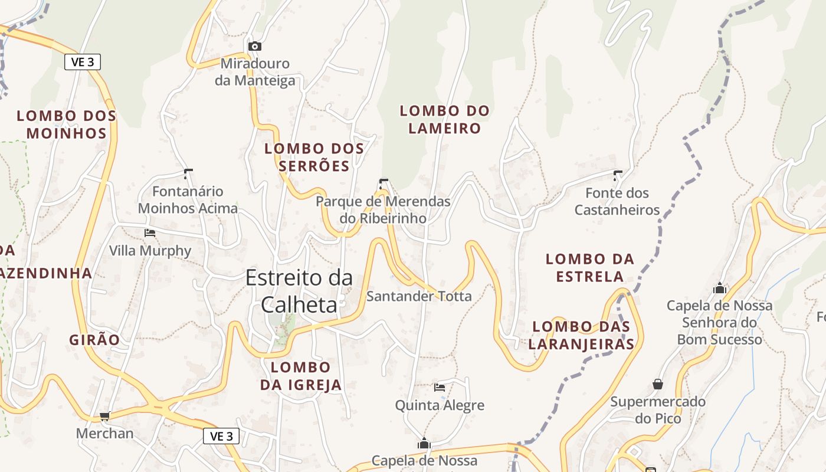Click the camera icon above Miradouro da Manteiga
254,46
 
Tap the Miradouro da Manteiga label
255,72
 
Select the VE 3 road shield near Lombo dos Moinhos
83,62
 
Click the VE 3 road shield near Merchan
221,436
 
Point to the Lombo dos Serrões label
314,157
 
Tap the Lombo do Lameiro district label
445,119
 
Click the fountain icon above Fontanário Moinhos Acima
188,173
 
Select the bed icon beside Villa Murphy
150,233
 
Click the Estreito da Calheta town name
299,291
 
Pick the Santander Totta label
419,296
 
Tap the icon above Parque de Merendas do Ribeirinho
383,183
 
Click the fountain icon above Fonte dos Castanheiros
618,175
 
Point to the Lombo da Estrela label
589,267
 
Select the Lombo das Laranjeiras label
581,335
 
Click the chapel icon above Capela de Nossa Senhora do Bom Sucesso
719,288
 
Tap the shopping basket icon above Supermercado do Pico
658,384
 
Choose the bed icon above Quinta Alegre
440,388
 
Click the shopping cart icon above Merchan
105,417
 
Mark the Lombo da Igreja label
301,376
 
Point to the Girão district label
94,340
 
